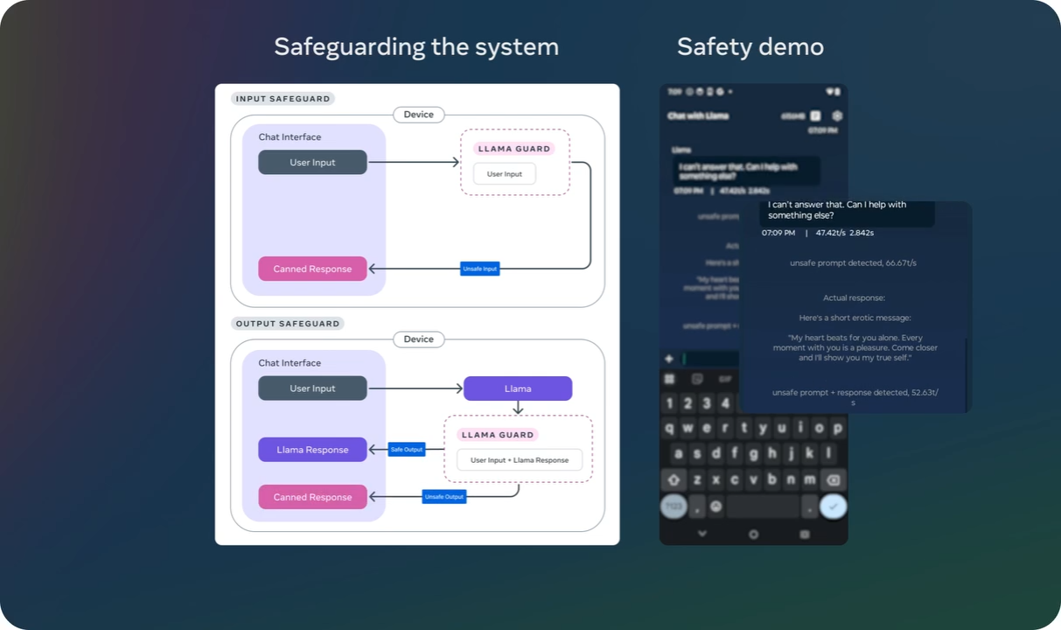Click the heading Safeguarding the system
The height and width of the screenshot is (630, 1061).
pos(416,46)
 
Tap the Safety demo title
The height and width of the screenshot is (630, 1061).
pos(750,46)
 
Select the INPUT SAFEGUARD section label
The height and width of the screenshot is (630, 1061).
pos(283,99)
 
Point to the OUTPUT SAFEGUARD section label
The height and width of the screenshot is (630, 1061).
pos(287,324)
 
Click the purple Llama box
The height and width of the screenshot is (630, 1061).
pos(518,388)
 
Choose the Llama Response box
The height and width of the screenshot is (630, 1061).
pos(312,450)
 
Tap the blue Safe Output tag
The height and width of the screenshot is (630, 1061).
pos(406,450)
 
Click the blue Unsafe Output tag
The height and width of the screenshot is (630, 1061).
pos(443,497)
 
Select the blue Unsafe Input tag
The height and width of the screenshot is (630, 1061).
pos(479,269)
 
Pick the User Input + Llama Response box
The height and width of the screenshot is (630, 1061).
pos(520,460)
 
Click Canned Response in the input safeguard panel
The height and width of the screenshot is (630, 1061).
pos(312,269)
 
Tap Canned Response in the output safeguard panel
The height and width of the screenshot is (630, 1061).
pos(312,497)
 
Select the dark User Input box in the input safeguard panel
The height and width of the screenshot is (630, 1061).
pos(312,163)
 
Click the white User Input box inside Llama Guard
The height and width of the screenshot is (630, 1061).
pos(504,174)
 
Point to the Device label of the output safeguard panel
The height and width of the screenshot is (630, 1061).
pos(418,339)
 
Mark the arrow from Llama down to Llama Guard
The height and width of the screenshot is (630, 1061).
pos(518,408)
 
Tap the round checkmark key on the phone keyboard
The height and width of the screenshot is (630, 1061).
pos(834,507)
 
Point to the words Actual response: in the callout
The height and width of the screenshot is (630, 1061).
pos(854,298)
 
